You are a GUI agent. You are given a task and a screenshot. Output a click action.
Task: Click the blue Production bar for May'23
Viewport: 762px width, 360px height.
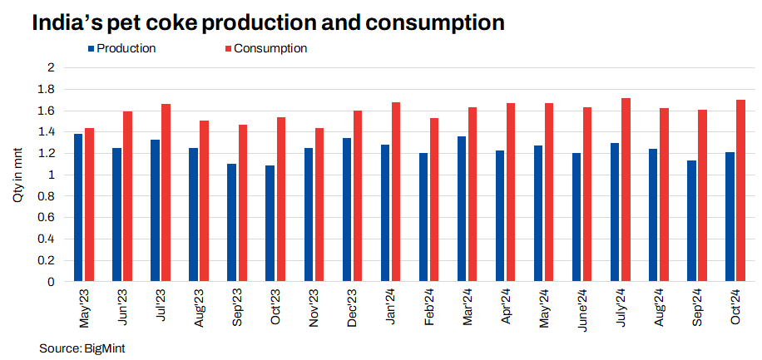(x=78, y=208)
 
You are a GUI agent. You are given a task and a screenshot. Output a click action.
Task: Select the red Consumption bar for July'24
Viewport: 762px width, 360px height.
(x=626, y=190)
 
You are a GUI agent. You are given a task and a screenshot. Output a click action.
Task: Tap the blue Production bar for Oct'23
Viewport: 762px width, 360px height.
(x=270, y=224)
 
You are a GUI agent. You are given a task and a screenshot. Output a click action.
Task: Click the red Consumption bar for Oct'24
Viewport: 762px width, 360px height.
(x=740, y=191)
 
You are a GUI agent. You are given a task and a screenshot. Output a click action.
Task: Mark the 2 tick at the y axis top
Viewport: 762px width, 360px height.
(x=51, y=67)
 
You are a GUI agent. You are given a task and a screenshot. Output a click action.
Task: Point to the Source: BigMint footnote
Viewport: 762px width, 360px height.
(x=82, y=346)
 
